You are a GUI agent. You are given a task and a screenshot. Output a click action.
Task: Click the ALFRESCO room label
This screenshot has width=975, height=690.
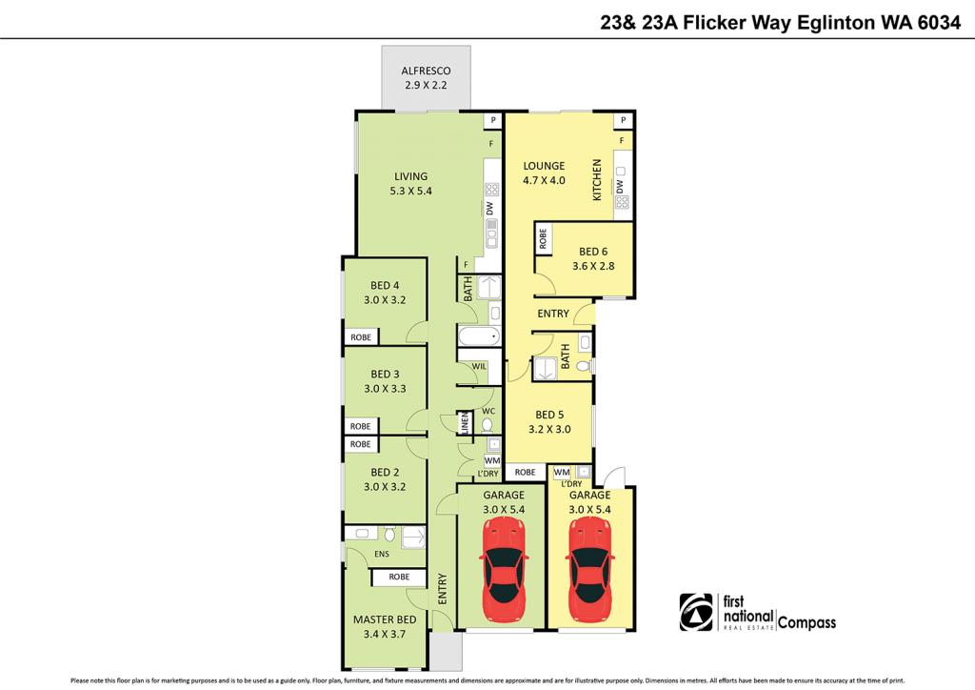tap(425, 71)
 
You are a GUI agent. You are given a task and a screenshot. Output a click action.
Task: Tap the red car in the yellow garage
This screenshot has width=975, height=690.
tap(589, 569)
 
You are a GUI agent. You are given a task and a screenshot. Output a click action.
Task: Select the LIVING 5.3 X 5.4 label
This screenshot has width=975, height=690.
tap(411, 176)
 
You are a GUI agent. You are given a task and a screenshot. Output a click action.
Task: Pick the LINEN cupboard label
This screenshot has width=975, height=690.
tap(465, 423)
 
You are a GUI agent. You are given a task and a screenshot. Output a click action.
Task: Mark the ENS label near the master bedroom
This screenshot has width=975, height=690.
tap(381, 553)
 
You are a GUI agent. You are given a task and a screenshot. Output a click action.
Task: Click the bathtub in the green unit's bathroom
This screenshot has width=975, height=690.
tap(478, 336)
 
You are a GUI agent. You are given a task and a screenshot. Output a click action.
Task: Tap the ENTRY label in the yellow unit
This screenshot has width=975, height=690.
tap(553, 315)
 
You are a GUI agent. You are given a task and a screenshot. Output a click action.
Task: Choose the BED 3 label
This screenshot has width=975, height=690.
tap(385, 375)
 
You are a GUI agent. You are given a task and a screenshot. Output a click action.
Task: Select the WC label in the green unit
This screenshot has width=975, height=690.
tap(488, 411)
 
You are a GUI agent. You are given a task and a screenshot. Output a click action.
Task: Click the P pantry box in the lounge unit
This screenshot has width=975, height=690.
tap(623, 121)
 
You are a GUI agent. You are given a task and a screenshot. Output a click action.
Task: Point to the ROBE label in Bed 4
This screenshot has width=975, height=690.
tap(361, 337)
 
